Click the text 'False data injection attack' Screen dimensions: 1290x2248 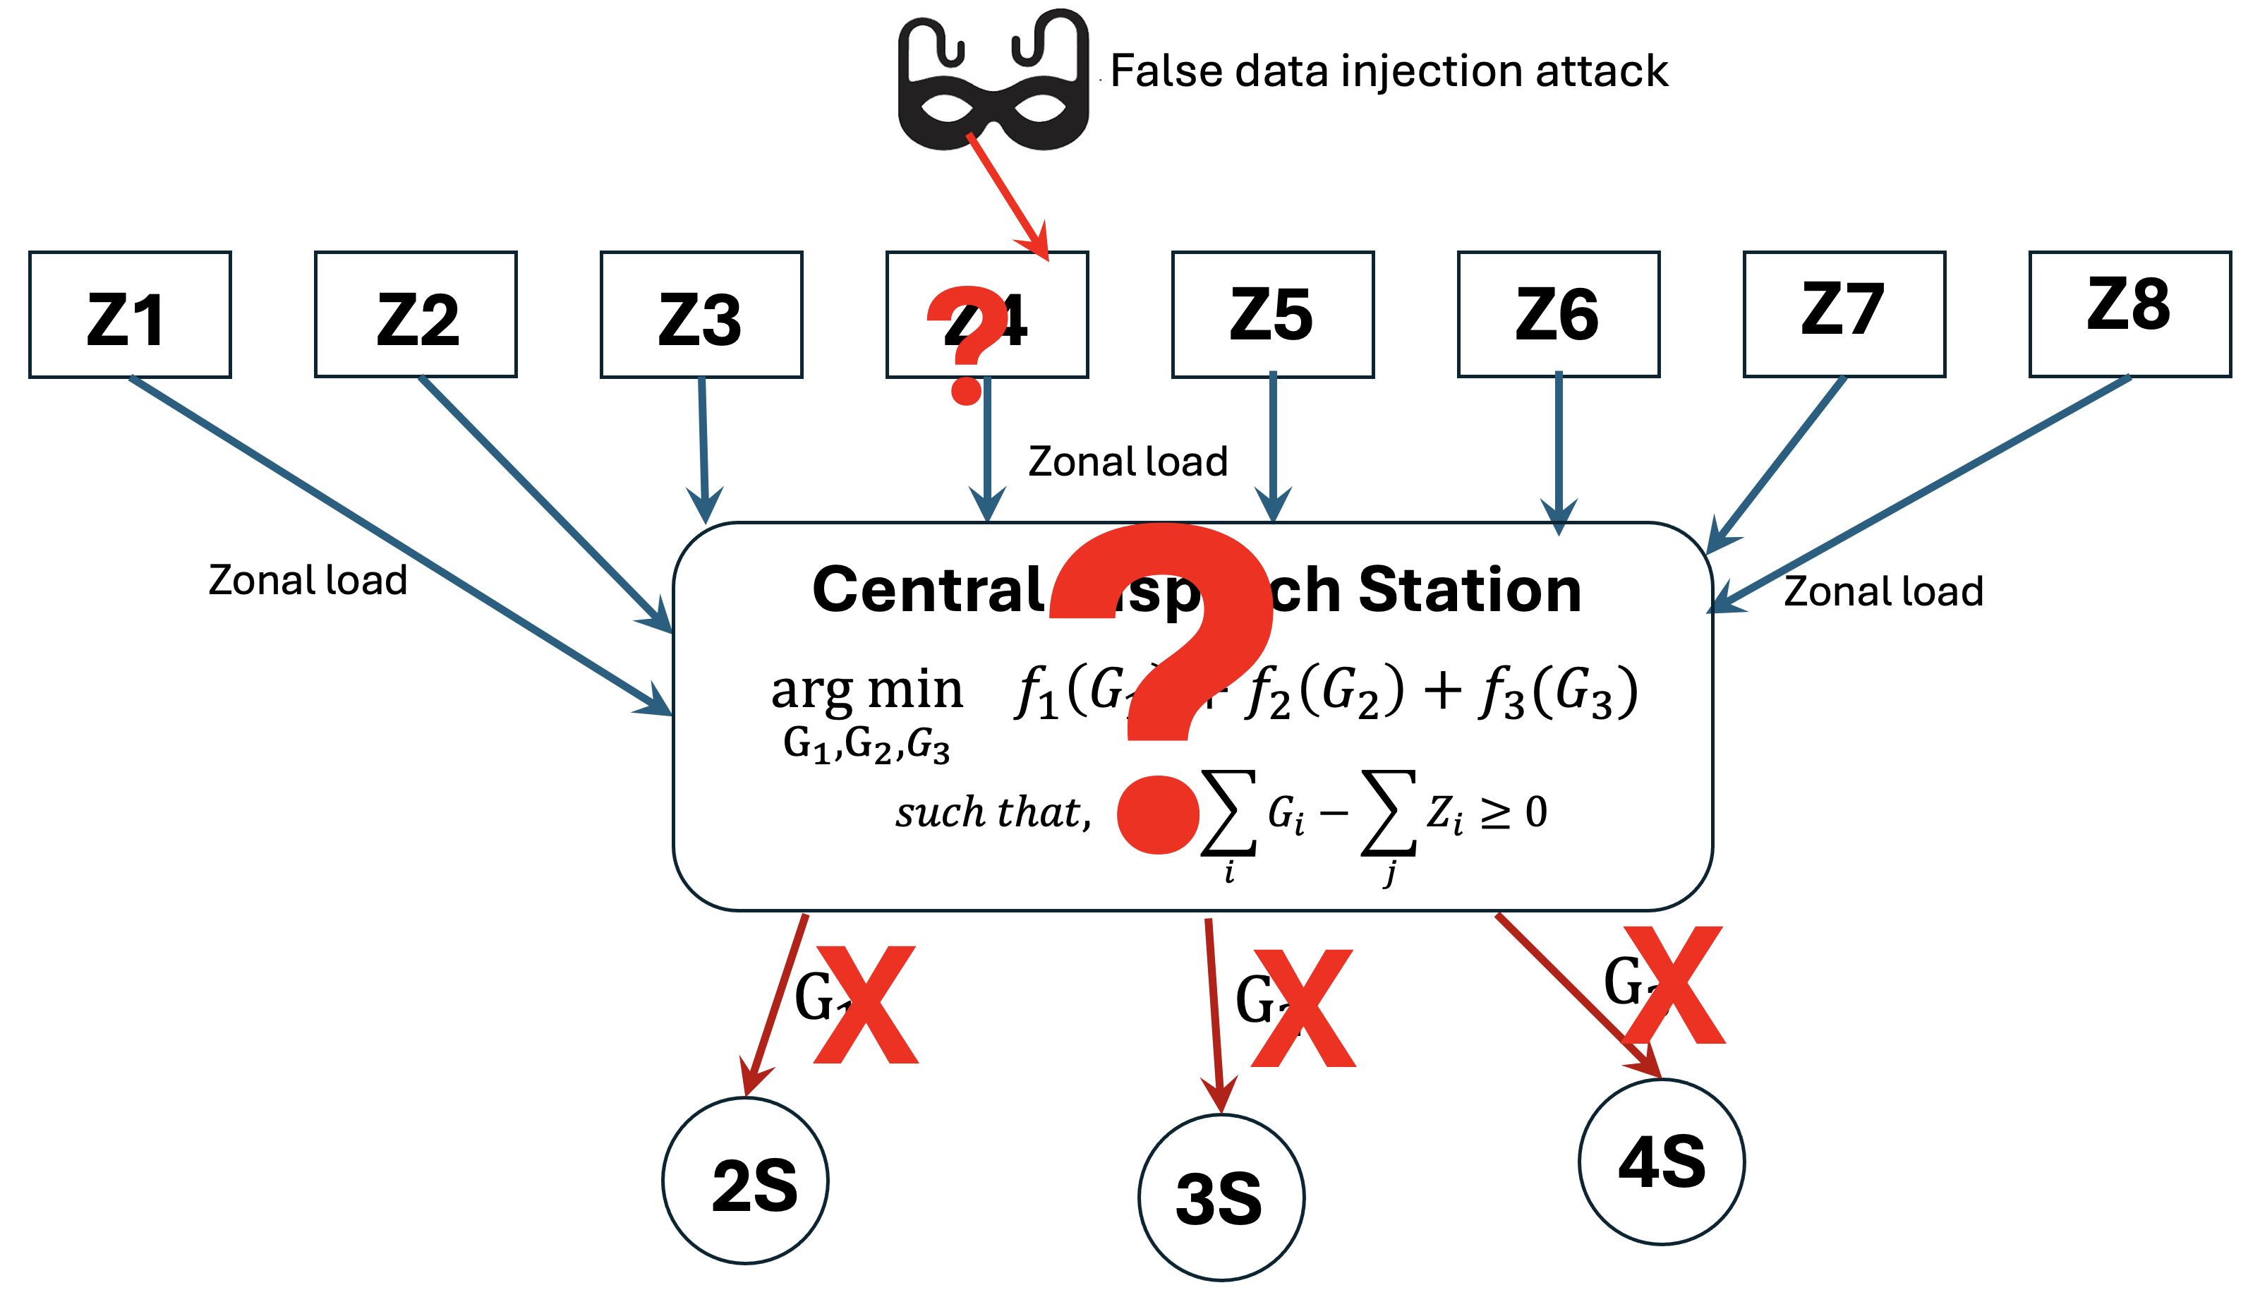1388,71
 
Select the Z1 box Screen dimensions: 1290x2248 131,315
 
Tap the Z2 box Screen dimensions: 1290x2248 416,315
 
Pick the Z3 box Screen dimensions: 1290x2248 701,315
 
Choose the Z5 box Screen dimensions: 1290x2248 1272,315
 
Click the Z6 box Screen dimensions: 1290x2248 1558,315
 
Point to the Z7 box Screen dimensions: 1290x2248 1844,315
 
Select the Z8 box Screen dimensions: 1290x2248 2129,315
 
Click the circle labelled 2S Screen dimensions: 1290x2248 746,1180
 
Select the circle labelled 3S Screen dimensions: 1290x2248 1221,1197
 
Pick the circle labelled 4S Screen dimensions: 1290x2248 1662,1162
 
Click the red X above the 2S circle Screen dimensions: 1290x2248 866,1005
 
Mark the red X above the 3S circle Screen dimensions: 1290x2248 1303,1008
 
